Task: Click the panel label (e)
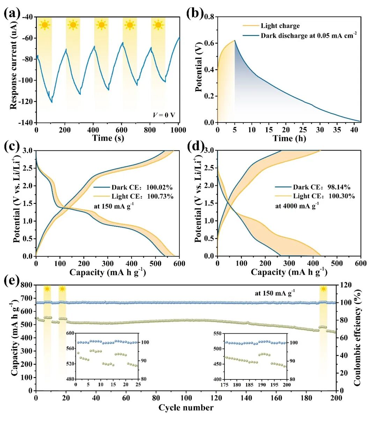12,280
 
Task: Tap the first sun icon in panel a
44,25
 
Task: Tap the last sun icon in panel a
158,25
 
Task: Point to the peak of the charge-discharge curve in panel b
235,40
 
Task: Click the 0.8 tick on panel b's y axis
209,17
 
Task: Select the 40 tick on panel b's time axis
354,130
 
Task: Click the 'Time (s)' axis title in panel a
108,138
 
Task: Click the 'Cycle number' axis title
186,408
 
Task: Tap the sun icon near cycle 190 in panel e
324,289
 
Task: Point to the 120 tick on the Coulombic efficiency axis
346,285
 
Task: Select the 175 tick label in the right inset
224,385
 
